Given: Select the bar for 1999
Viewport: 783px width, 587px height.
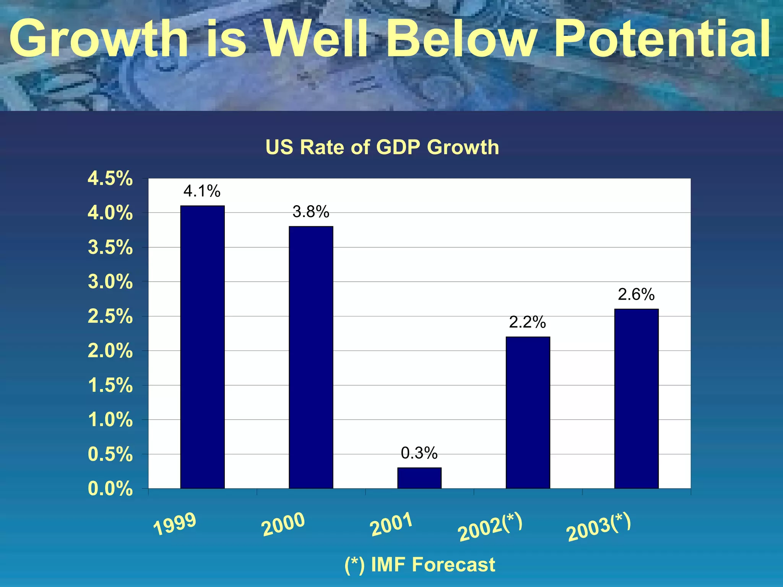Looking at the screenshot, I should coord(202,347).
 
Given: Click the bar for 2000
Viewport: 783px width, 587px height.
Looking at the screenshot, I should coord(311,357).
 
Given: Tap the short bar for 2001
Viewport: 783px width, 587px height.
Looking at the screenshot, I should coord(419,478).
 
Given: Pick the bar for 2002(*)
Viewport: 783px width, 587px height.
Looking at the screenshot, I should coord(528,413).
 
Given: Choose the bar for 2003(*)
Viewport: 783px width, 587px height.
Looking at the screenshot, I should coord(636,399).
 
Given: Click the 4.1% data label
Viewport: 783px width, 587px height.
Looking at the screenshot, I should coord(202,191).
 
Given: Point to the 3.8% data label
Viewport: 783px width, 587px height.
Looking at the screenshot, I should coord(311,212).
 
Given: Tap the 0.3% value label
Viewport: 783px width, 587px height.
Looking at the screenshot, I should coord(419,453).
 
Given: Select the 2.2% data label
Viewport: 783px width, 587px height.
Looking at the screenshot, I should coord(527,323).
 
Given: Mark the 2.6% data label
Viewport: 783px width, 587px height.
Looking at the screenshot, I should coord(636,295).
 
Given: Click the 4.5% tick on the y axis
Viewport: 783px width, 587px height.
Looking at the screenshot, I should coord(110,178).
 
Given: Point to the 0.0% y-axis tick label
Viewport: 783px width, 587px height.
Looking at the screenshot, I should coord(110,489).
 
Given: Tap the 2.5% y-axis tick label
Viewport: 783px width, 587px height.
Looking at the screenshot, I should coord(110,316).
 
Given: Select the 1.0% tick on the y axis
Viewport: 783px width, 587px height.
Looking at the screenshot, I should coord(110,420).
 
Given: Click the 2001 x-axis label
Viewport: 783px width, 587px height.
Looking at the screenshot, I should coord(391,524).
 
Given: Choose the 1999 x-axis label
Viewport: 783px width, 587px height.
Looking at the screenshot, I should coord(175,524).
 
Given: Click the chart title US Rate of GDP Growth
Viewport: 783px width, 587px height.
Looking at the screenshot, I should coord(382,147).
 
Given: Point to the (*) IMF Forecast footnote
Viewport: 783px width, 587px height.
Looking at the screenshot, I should coord(419,564).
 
